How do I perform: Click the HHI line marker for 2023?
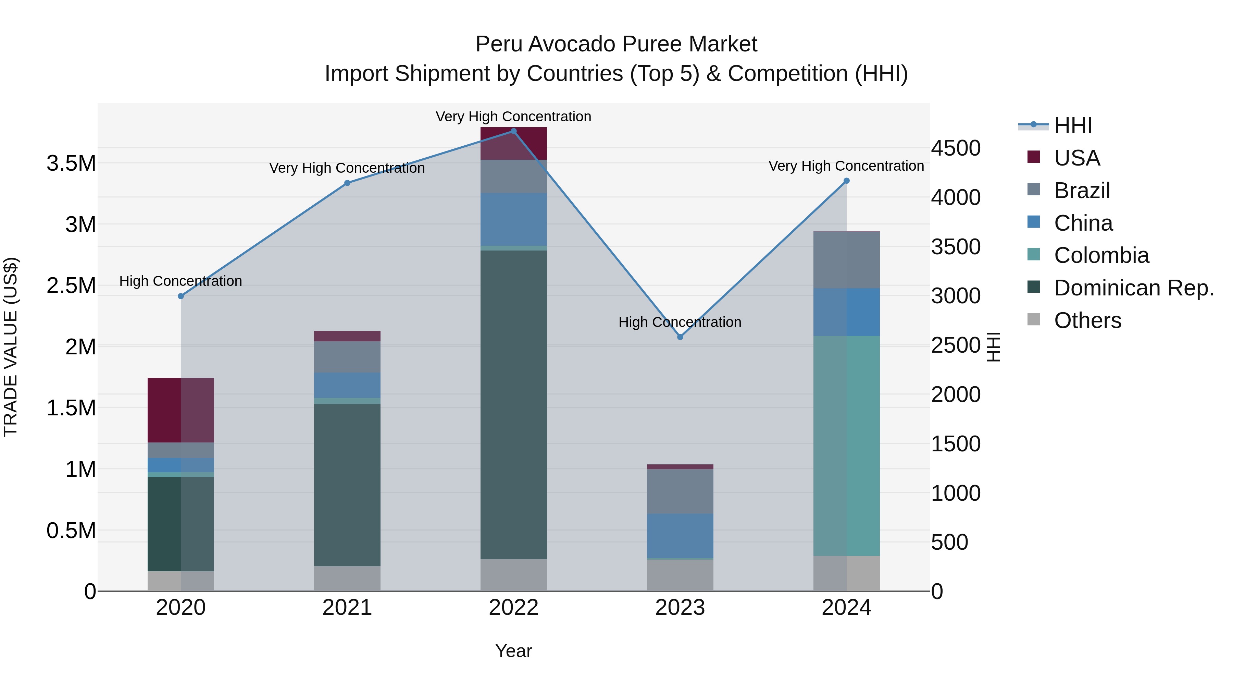pos(680,337)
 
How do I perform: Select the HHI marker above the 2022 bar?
pos(514,131)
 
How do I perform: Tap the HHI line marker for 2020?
pos(181,296)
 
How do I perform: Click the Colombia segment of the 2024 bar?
pos(846,446)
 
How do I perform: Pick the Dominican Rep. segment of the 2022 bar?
pos(514,405)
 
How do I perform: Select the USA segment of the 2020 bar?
pos(181,410)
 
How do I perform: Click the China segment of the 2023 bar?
pos(680,535)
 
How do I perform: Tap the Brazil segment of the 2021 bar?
pos(347,357)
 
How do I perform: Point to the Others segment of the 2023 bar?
pos(680,575)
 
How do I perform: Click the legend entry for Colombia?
pos(1101,255)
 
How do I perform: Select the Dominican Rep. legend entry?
pos(1133,288)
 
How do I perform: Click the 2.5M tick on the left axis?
pos(71,285)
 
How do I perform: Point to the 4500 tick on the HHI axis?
pos(955,148)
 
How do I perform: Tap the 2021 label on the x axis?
pos(347,608)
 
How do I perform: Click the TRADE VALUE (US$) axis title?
pos(11,347)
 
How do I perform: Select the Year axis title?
pos(514,651)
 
